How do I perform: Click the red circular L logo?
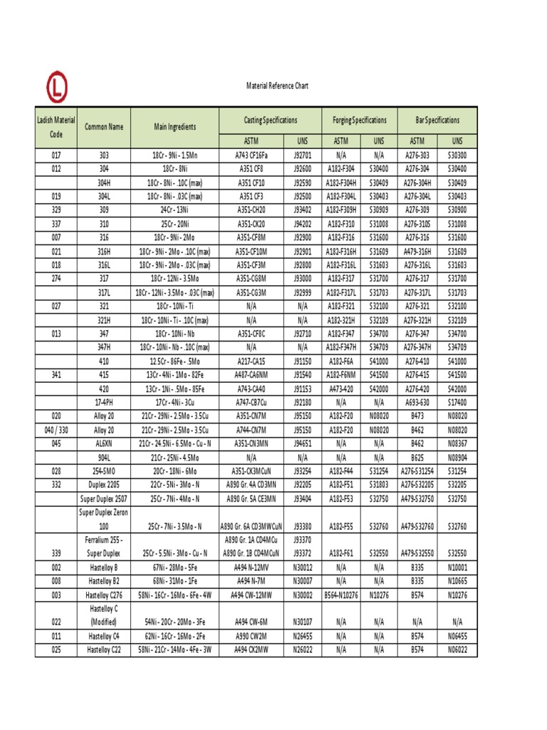tap(58, 88)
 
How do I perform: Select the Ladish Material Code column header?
tap(56, 127)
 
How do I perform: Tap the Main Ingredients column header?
tap(174, 127)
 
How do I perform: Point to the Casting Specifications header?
tap(271, 120)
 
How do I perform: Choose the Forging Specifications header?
tap(360, 120)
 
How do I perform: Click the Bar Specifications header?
tap(437, 120)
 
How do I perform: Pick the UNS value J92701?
tap(302, 154)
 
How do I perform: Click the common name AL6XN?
tap(104, 443)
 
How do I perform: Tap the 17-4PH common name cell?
tap(104, 403)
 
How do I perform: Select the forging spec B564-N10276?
tap(340, 595)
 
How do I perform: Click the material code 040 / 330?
tap(56, 430)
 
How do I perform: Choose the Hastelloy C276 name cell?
tap(104, 595)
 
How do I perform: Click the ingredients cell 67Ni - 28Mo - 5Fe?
tap(174, 567)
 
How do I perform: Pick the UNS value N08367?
tap(457, 443)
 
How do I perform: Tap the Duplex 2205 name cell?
tap(104, 485)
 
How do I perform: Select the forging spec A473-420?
tap(340, 389)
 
